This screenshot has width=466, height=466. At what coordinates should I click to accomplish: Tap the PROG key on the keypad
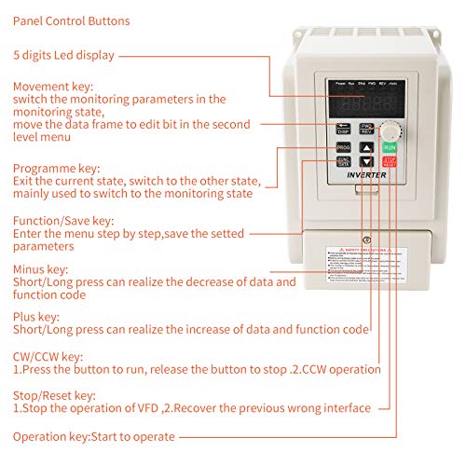coord(343,148)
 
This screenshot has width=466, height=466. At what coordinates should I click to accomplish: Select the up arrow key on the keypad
coord(366,148)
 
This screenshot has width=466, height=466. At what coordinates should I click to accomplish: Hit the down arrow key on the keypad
coord(366,164)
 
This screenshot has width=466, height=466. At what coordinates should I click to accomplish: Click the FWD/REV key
coord(366,128)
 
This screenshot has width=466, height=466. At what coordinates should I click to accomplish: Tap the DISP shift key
coord(342,128)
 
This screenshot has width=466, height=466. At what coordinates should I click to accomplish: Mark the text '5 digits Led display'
coord(63,55)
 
